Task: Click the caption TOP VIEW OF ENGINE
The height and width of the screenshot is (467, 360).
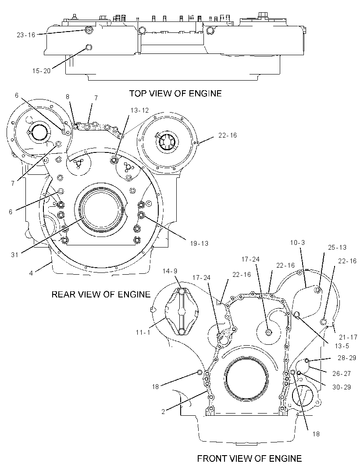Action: [x=175, y=93]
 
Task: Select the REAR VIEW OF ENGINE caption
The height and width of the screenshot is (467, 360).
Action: [x=101, y=294]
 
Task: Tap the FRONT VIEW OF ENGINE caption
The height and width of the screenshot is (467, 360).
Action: [x=250, y=458]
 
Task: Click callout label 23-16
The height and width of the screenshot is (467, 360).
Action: [x=26, y=35]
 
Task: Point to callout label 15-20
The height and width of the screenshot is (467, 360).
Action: [x=41, y=71]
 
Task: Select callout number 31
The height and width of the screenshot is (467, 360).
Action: [x=14, y=255]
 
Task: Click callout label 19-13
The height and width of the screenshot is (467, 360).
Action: [x=200, y=243]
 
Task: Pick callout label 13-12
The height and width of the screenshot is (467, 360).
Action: [x=139, y=110]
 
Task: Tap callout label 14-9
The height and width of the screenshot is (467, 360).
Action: [x=170, y=271]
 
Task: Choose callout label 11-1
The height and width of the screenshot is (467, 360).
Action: [x=143, y=332]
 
